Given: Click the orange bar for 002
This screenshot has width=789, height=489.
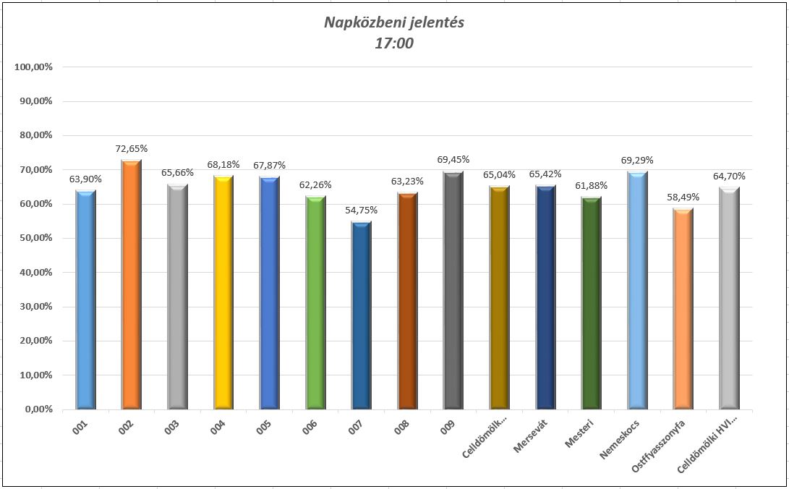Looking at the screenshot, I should (x=132, y=285).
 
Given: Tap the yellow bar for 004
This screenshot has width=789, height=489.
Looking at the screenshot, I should (x=223, y=292).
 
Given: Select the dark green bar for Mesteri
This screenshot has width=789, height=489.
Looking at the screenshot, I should (x=591, y=303).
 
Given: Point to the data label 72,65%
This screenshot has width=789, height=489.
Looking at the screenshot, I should (x=132, y=149).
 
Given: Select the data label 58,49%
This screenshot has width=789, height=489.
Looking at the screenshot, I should (x=683, y=197).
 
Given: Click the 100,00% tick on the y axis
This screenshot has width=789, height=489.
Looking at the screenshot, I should (x=33, y=67).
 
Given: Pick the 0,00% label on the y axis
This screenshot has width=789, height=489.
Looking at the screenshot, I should (x=38, y=409).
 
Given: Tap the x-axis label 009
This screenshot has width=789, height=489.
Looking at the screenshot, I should (x=449, y=428).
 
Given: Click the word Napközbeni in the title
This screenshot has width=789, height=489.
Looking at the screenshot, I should (x=358, y=22).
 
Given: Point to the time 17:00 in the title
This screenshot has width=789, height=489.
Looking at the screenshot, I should (x=394, y=43).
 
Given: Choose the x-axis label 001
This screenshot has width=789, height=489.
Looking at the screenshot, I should (x=82, y=428).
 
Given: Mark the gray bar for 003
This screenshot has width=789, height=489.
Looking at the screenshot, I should (x=178, y=297).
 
